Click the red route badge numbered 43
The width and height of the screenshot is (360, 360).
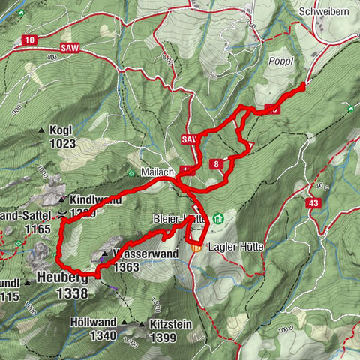tap(313, 202)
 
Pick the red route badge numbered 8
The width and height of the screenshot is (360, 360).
tap(216, 164)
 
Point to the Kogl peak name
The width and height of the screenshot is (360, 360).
tap(62, 130)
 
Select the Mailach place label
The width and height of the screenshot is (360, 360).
tap(157, 172)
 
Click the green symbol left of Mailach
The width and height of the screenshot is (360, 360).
tap(130, 173)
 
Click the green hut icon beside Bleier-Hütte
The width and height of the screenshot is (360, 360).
tap(217, 218)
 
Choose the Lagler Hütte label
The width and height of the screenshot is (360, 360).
tap(235, 246)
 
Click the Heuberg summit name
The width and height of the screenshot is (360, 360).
tap(63, 277)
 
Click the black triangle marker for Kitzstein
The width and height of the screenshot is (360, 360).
tap(142, 325)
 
